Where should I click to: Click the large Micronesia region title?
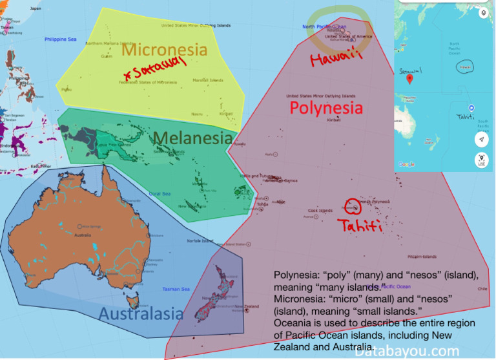[164, 49]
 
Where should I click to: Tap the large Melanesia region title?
[192, 138]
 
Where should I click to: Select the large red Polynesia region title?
[325, 107]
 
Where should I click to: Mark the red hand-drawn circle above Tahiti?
[351, 206]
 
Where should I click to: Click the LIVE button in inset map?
[482, 160]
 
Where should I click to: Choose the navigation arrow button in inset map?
[482, 140]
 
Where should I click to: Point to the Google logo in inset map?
[406, 165]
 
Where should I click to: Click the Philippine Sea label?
[60, 39]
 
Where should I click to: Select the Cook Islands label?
[320, 211]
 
